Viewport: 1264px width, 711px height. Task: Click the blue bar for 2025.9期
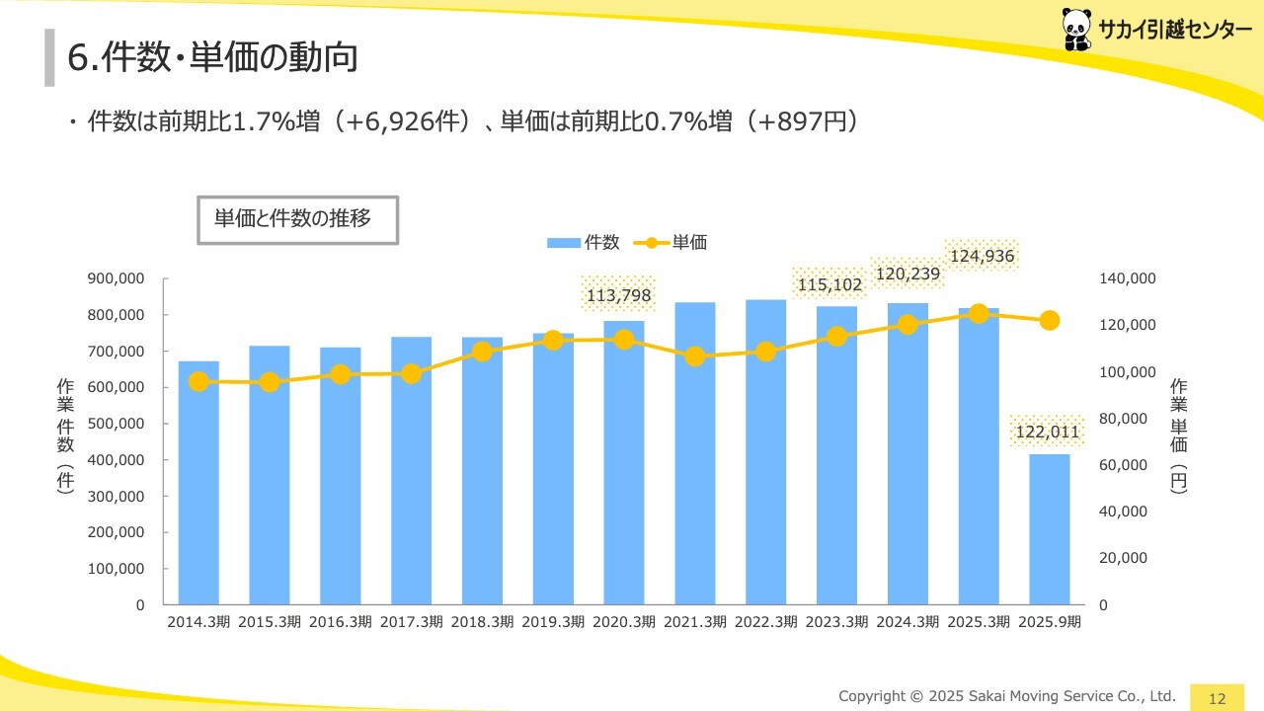click(x=1050, y=528)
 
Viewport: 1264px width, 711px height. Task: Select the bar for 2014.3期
click(x=198, y=483)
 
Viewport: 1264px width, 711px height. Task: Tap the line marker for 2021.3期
click(x=695, y=356)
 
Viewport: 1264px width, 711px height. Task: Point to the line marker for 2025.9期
click(x=1050, y=320)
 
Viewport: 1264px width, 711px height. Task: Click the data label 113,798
click(x=619, y=294)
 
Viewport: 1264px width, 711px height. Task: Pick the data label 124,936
click(x=982, y=257)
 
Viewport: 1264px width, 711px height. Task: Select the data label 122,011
click(x=1048, y=432)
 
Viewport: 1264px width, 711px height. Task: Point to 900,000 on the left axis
click(x=117, y=279)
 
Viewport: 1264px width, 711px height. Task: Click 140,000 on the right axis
click(x=1127, y=279)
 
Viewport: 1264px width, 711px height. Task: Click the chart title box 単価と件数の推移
click(x=297, y=220)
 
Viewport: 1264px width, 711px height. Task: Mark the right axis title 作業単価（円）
click(x=1179, y=434)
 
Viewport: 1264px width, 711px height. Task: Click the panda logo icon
click(x=1077, y=30)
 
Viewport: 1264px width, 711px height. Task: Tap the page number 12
click(x=1217, y=698)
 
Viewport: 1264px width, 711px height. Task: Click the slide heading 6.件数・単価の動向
click(x=211, y=58)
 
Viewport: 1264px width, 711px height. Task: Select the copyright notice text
click(x=1007, y=696)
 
